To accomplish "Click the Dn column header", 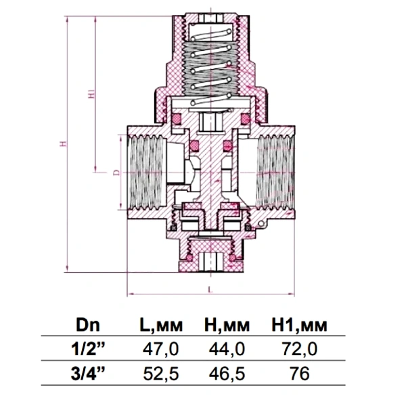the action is coord(88,325).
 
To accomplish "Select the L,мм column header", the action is coord(161,325).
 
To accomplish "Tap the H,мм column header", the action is coord(227,325).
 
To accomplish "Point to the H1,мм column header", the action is coord(299,325).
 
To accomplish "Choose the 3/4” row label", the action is coord(88,374).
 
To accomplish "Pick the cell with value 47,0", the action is coord(161,349).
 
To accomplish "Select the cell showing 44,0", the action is coord(227,349).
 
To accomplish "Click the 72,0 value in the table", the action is coord(300,349).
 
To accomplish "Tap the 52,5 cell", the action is coord(161,374).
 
